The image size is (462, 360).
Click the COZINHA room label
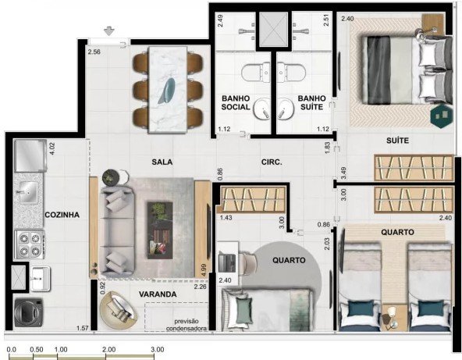point(62,215)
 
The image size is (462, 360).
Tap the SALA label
point(162,162)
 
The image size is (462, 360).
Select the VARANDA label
point(158,294)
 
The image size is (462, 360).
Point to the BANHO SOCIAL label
point(236,102)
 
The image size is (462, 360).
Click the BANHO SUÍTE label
point(311,102)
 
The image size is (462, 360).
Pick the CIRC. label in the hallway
point(272,162)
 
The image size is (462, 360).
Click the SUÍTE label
point(397,141)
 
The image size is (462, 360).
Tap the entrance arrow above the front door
point(109,31)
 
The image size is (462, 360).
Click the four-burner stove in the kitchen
point(30,244)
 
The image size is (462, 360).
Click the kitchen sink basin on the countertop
point(28,192)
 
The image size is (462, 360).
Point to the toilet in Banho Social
point(255,71)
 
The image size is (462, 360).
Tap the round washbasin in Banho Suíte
point(285,109)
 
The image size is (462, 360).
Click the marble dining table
point(168,89)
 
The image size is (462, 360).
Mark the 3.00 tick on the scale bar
point(154,356)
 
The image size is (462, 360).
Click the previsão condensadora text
point(187,325)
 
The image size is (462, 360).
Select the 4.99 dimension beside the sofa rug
point(203,270)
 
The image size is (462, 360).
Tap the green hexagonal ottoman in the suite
point(441,116)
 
